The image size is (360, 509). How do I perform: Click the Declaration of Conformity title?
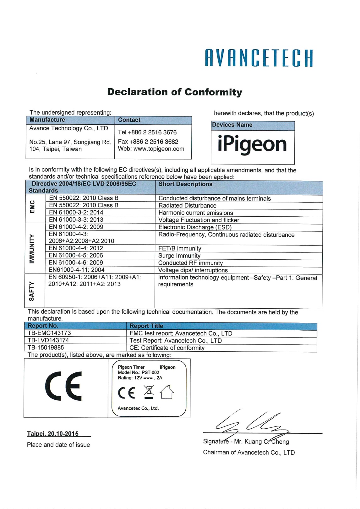(175, 92)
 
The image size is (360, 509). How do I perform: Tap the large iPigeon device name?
(252, 144)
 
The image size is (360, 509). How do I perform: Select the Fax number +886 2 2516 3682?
(148, 142)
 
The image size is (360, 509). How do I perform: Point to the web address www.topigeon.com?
(151, 149)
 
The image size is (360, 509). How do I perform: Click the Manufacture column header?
(47, 120)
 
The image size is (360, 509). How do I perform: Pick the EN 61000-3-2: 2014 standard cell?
(76, 212)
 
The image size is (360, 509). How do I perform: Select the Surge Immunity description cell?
(179, 256)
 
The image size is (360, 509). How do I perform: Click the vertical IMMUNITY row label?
(32, 248)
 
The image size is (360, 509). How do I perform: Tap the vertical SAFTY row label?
(32, 291)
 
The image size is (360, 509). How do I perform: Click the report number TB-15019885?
(46, 347)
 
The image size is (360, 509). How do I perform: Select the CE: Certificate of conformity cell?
(167, 348)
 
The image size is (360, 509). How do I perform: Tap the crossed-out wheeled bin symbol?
(149, 392)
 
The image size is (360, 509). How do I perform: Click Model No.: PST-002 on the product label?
(139, 372)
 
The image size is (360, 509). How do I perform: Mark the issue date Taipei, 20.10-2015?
(53, 434)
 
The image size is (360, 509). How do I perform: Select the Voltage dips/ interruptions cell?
(193, 270)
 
